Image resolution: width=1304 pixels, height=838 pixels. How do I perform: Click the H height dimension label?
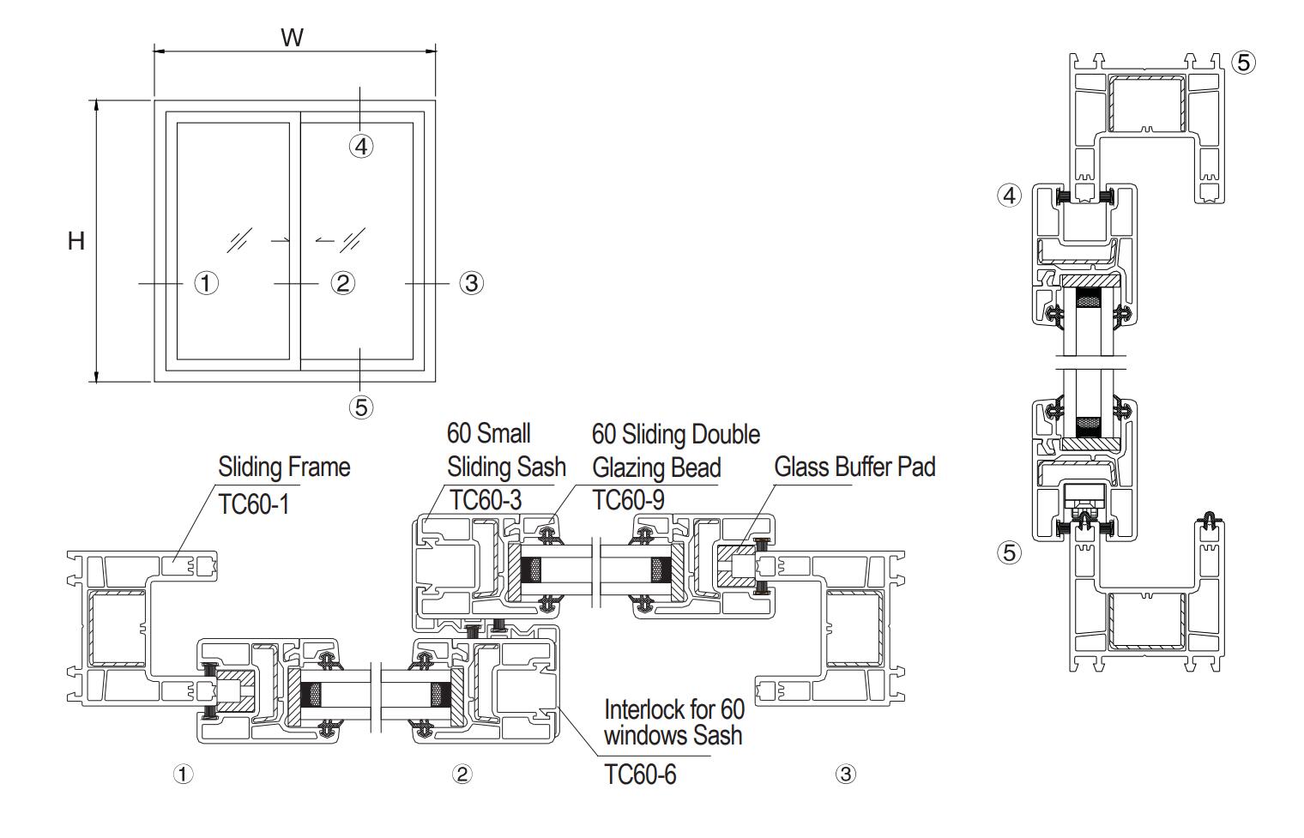point(76,241)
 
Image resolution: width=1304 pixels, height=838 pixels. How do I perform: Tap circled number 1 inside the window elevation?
point(206,282)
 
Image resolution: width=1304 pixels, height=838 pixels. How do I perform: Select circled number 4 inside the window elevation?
point(361,147)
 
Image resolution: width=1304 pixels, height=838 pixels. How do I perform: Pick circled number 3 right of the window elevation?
point(471,282)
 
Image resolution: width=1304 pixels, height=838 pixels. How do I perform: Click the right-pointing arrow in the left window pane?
point(280,241)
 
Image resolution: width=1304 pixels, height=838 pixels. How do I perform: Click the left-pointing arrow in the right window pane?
point(324,241)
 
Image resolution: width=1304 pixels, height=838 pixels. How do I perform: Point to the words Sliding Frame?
point(284,467)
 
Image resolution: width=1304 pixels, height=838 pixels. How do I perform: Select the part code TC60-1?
point(254,504)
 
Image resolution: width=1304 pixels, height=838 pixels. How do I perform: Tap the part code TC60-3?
point(486,500)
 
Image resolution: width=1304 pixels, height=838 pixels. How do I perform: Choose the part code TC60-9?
point(628,500)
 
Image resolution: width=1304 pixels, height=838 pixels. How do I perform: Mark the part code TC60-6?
point(640,775)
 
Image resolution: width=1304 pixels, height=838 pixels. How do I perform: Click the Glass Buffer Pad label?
point(854,467)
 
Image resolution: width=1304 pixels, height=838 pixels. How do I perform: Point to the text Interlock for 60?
point(674,710)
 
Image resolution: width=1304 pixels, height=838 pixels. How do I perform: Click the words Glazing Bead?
point(656,468)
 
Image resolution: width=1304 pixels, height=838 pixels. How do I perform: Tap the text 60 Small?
point(489,433)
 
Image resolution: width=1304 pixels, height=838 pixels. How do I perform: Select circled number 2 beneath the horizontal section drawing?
point(462,775)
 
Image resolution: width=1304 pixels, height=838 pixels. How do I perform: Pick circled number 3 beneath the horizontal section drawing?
point(845,775)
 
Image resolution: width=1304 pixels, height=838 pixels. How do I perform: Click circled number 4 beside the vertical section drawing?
point(1010,196)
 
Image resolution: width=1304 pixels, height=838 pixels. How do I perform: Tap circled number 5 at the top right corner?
point(1243,62)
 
